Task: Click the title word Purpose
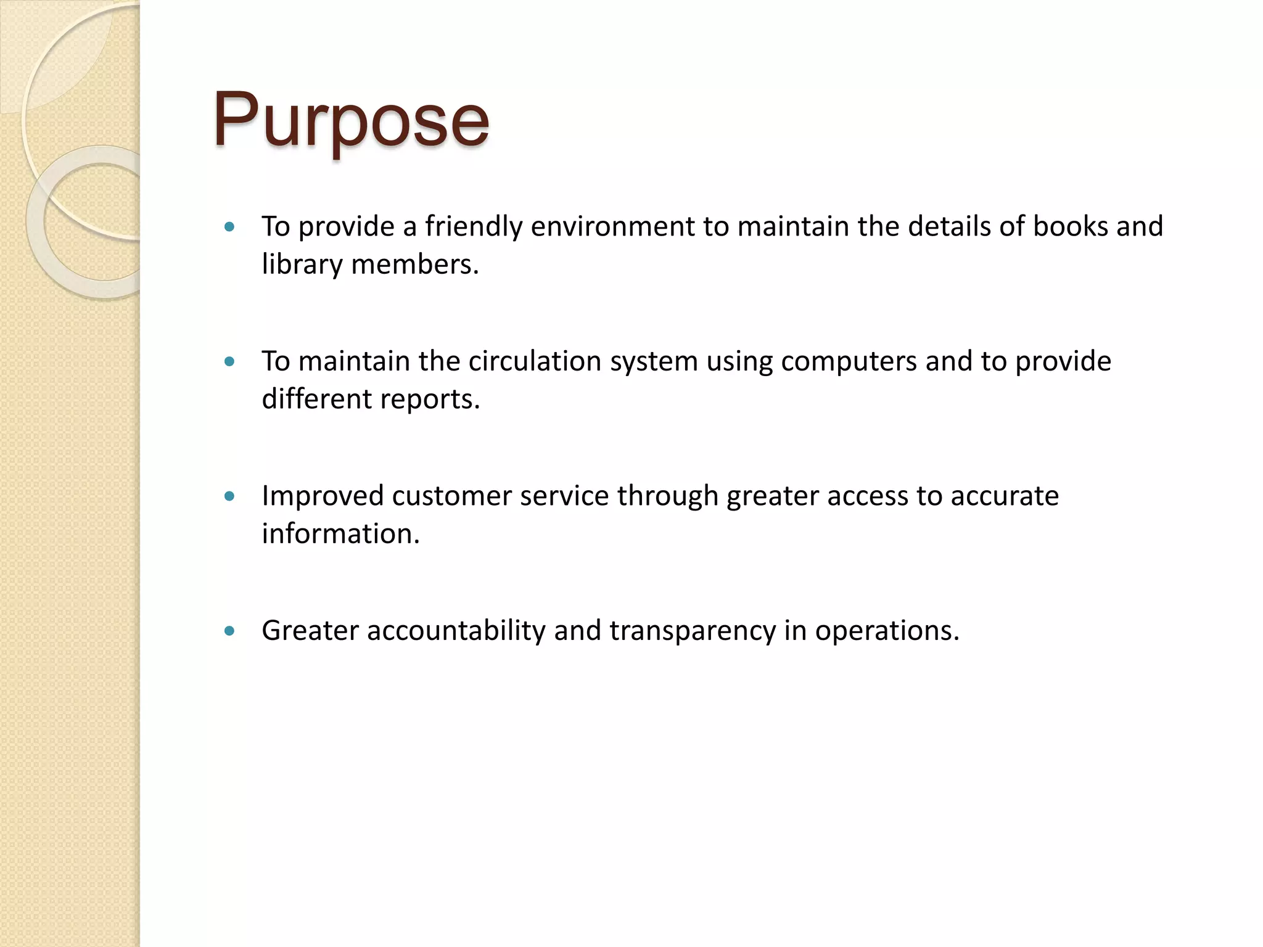point(351,120)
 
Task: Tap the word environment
point(612,227)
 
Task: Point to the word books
point(1071,226)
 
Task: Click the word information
point(340,534)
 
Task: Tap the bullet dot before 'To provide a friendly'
point(230,227)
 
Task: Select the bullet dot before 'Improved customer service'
point(230,496)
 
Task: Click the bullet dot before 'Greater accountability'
point(230,631)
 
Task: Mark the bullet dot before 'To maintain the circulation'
point(230,361)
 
